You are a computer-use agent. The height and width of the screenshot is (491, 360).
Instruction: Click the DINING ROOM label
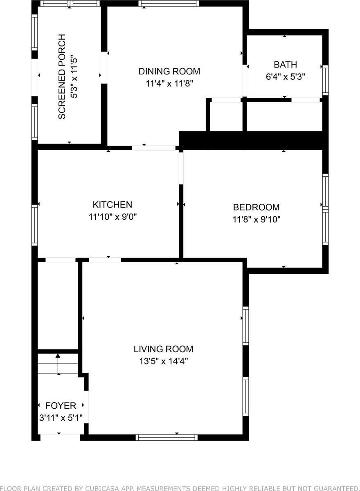[x=169, y=71]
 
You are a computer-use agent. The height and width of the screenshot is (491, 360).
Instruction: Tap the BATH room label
[x=285, y=65]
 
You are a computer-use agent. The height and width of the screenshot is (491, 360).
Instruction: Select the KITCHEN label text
[x=112, y=205]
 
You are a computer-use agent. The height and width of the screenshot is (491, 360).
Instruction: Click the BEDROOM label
[x=256, y=207]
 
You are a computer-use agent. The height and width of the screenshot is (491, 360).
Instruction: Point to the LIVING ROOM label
[x=163, y=349]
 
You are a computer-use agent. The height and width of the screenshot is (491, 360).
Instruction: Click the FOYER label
[x=61, y=405]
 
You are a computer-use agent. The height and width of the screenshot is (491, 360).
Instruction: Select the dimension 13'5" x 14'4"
[x=163, y=361]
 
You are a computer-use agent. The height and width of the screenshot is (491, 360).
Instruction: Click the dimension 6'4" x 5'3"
[x=285, y=77]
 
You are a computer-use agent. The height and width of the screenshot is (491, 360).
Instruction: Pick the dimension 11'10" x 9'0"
[x=112, y=217]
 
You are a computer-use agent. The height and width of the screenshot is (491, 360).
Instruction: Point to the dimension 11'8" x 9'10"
[x=256, y=219]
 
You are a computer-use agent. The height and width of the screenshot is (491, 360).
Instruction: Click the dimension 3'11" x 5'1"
[x=61, y=418]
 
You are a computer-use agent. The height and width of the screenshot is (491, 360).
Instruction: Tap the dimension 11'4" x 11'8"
[x=169, y=83]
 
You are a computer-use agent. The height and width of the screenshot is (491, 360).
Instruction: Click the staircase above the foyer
[x=58, y=364]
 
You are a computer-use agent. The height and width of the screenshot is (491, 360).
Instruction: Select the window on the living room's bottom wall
[x=166, y=437]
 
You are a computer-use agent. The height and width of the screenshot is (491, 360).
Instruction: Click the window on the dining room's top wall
[x=169, y=3]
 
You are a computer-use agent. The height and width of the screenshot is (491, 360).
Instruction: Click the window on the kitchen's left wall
[x=35, y=225]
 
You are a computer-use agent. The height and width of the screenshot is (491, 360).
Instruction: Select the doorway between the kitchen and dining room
[x=153, y=148]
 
